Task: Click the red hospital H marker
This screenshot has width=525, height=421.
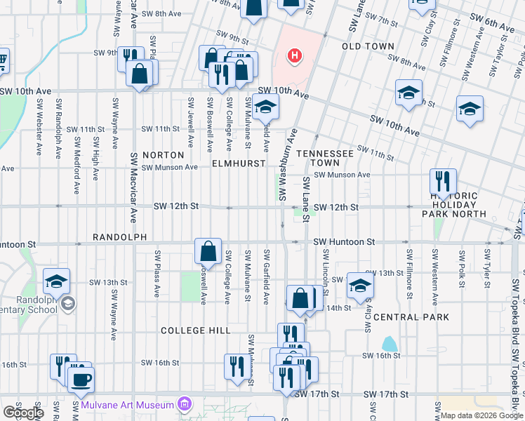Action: [x=295, y=55]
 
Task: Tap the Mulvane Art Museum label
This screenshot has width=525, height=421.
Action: [x=127, y=405]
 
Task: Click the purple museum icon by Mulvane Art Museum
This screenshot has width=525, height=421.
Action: [x=185, y=404]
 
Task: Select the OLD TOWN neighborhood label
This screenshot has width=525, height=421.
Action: [x=368, y=46]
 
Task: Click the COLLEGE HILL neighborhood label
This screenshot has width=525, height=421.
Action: [x=195, y=330]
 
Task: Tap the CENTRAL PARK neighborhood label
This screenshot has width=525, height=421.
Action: [x=411, y=317]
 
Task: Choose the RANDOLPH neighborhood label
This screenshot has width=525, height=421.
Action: [x=119, y=238]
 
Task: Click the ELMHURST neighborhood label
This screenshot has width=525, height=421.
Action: [x=239, y=163]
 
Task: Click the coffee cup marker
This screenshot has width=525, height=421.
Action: [x=80, y=379]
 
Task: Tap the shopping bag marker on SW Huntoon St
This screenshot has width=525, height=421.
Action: [x=208, y=250]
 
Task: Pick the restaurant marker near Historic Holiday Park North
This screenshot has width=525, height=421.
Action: [x=443, y=182]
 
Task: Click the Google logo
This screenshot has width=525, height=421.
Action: [x=23, y=413]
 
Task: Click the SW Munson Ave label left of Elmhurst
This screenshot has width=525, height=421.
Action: [x=170, y=168]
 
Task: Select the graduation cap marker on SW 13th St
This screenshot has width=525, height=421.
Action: [x=360, y=285]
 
